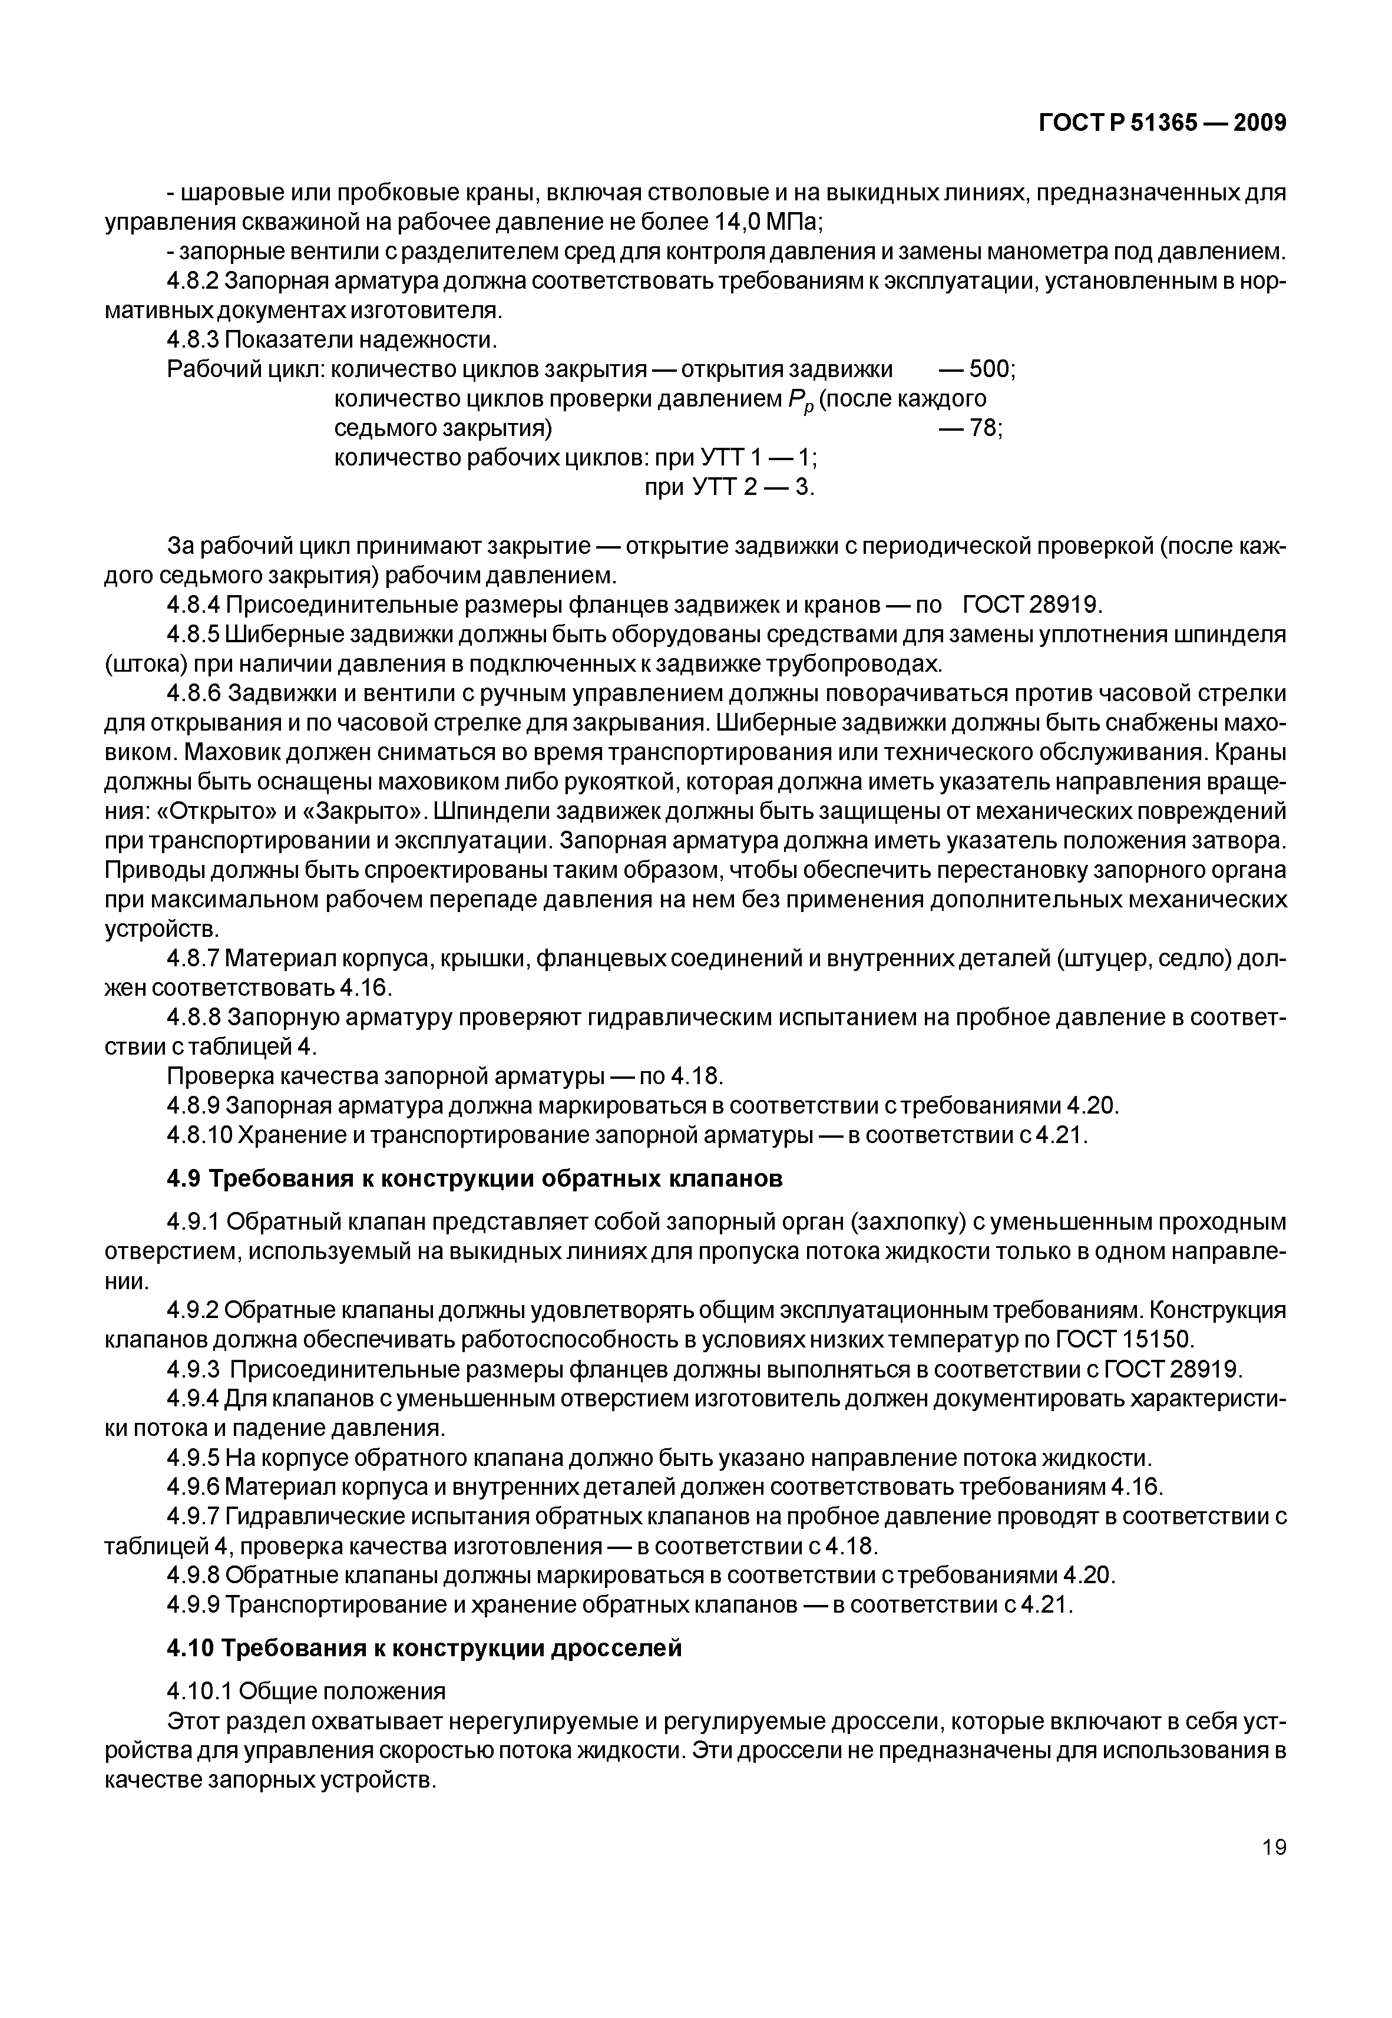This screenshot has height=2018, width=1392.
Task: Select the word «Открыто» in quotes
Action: (x=217, y=812)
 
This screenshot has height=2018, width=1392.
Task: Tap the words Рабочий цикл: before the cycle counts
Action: (x=245, y=370)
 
